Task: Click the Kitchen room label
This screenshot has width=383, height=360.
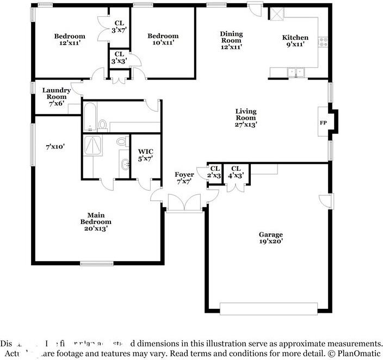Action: point(295,41)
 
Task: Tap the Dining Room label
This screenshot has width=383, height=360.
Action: point(231,40)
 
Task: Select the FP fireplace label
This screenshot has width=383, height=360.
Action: point(323,122)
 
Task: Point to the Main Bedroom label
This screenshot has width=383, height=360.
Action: point(96,222)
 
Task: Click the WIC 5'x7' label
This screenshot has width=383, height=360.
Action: point(145,155)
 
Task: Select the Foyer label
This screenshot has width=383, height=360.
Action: point(184,178)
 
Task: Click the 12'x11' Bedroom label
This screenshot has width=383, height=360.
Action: point(70,40)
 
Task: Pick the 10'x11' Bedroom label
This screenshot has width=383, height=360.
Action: point(163,40)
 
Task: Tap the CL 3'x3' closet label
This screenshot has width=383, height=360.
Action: point(119,58)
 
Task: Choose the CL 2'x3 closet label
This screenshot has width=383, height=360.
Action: point(214,172)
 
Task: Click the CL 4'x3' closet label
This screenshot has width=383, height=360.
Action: point(236,172)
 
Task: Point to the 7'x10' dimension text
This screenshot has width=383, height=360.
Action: point(55,147)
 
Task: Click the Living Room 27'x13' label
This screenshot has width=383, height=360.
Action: point(245,118)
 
